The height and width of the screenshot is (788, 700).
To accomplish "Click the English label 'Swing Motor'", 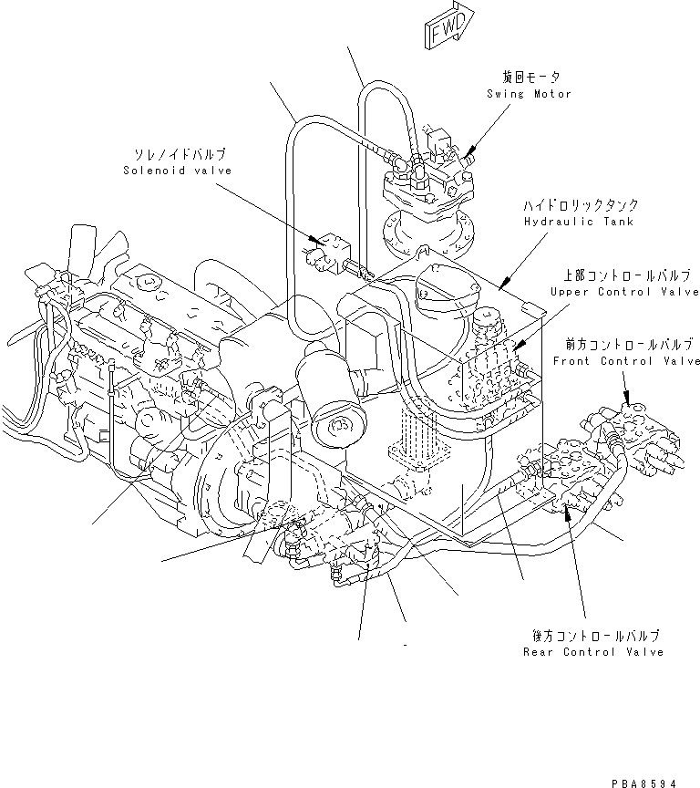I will coord(529,94).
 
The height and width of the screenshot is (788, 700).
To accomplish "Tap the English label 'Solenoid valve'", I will coord(178,171).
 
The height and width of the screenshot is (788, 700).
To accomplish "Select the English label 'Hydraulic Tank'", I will coord(571,222).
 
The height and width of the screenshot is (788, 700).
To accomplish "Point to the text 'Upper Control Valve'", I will coord(624,291).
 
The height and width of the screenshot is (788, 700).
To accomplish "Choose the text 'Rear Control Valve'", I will coord(593,651).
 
